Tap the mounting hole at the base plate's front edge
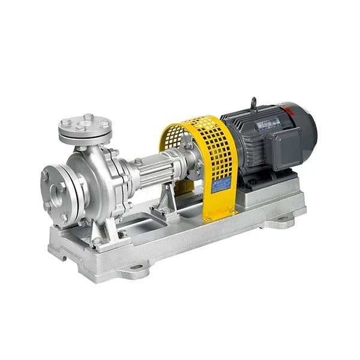[x=136, y=267]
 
